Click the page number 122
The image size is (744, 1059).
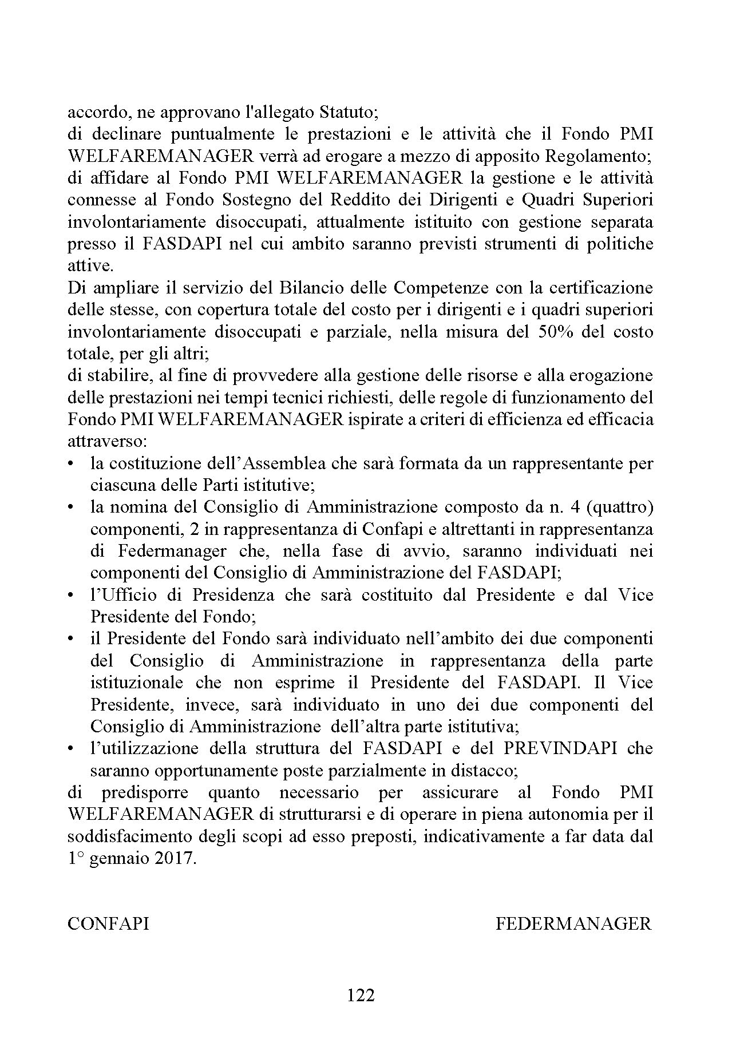tap(361, 995)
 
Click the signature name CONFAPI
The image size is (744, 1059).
tap(108, 923)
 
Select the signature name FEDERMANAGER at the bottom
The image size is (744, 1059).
tap(573, 923)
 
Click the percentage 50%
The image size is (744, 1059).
tap(556, 332)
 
